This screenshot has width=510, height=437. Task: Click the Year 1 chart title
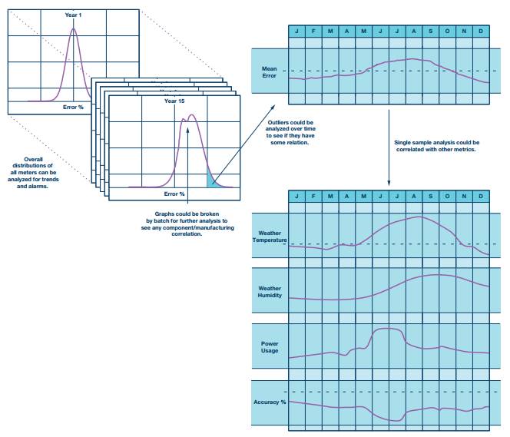click(x=74, y=15)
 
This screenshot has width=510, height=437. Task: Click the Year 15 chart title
click(x=174, y=101)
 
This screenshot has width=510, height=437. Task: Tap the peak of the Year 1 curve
click(x=74, y=30)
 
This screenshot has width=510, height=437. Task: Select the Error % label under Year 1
click(x=75, y=107)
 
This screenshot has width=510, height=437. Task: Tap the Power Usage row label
click(x=270, y=348)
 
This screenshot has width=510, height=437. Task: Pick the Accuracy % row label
click(x=270, y=402)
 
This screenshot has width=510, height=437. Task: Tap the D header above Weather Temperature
click(x=481, y=197)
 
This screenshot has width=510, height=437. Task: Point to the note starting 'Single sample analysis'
click(x=435, y=146)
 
